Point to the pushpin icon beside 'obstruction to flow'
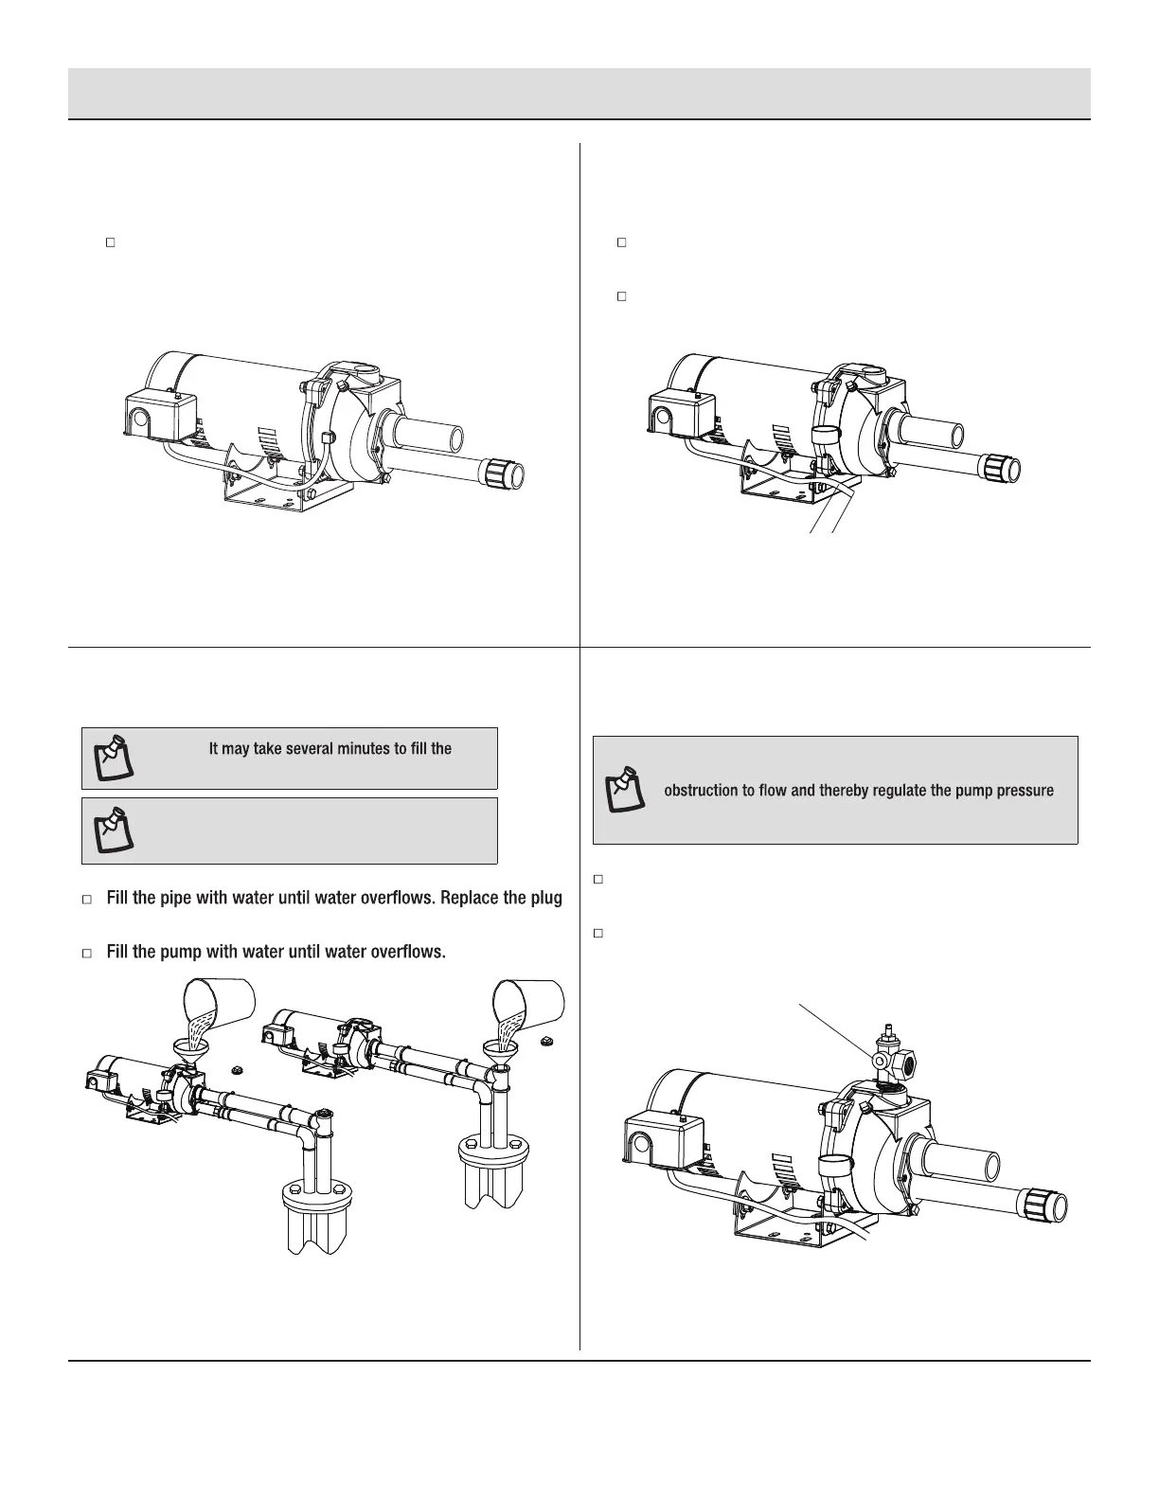pyautogui.click(x=624, y=791)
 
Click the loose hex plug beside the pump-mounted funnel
pyautogui.click(x=235, y=1072)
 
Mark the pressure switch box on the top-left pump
pyautogui.click(x=158, y=412)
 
